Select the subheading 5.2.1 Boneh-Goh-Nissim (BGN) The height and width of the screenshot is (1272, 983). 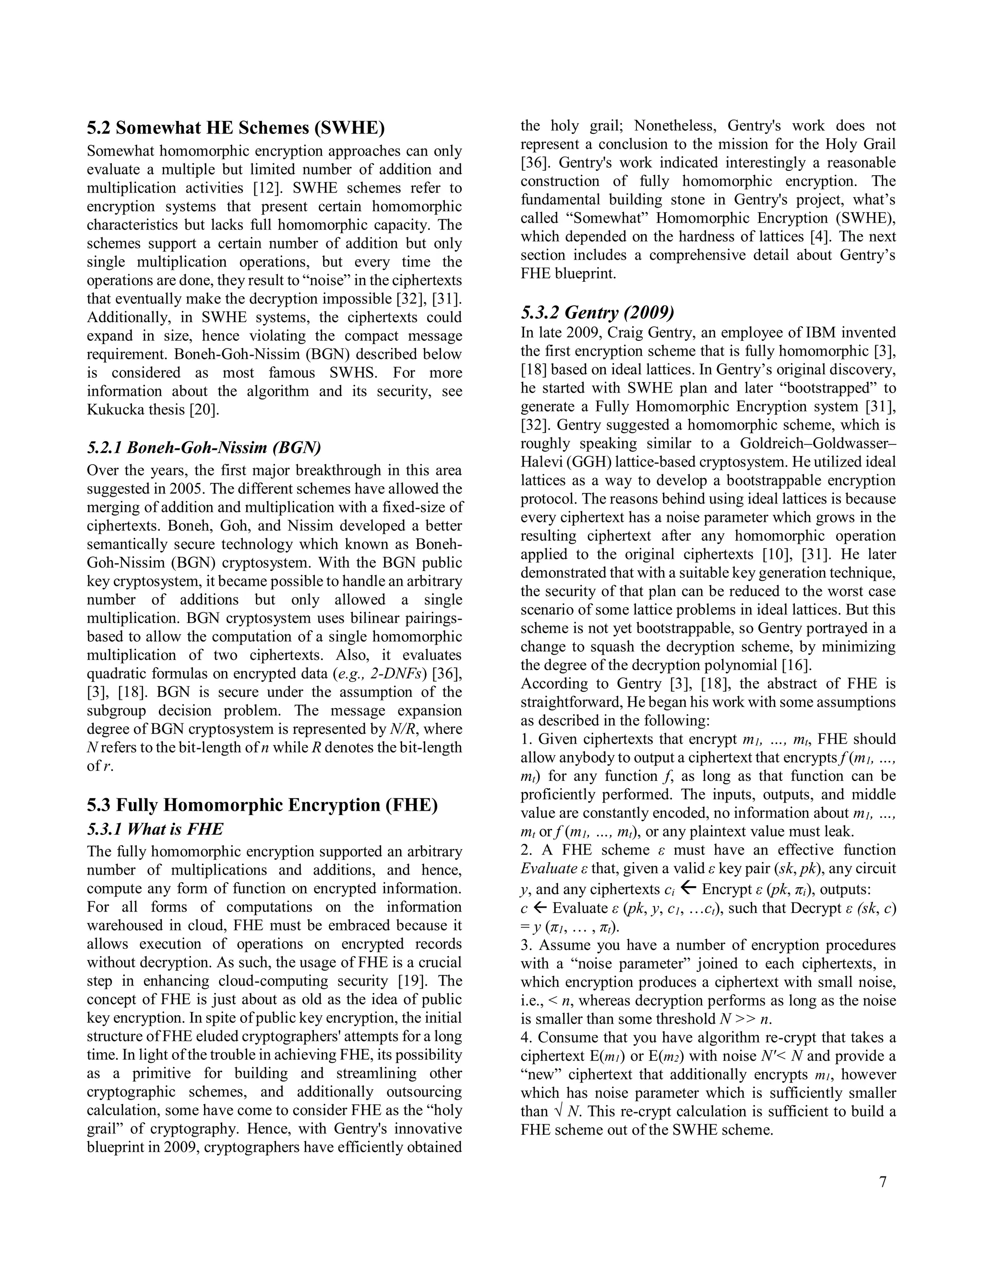click(204, 447)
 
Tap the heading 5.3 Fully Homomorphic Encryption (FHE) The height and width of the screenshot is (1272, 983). click(262, 805)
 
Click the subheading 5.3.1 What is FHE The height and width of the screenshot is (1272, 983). click(155, 829)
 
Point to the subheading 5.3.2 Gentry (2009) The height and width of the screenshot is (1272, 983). click(597, 313)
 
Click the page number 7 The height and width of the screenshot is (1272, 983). click(883, 1182)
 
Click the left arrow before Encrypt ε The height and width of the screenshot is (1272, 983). click(689, 888)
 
